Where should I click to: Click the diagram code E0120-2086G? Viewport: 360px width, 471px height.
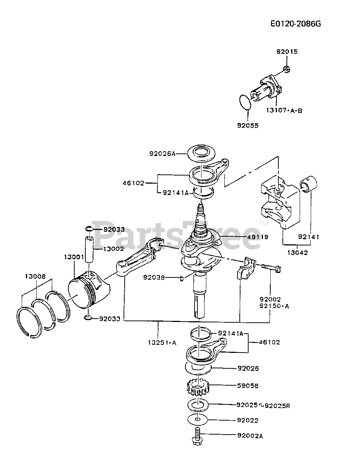click(x=296, y=24)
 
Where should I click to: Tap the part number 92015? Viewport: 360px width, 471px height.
click(x=287, y=52)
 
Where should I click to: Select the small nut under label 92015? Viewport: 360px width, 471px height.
click(x=287, y=69)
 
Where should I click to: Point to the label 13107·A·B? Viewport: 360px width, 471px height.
click(x=284, y=110)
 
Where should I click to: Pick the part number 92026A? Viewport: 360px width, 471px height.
click(x=162, y=154)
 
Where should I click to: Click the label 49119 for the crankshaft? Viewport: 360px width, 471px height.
click(x=258, y=237)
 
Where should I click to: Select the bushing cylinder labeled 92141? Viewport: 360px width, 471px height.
click(x=308, y=184)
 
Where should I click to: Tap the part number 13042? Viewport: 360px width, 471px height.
click(x=297, y=252)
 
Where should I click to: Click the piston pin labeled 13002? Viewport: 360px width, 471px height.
click(x=90, y=249)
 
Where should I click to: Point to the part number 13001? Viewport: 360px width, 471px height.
click(x=74, y=257)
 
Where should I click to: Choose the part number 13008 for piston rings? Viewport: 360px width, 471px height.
click(x=35, y=276)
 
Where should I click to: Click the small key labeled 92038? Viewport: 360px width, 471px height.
click(x=181, y=279)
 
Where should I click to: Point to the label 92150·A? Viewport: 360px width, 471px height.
click(x=274, y=306)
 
